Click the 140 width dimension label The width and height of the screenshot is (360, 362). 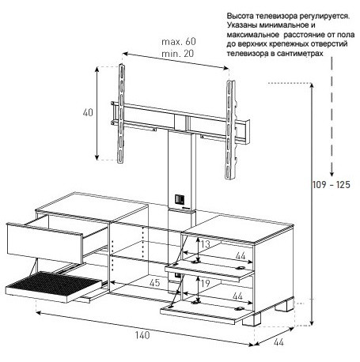pyautogui.click(x=142, y=335)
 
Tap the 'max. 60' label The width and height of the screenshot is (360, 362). pyautogui.click(x=179, y=42)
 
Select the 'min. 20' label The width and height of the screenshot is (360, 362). pyautogui.click(x=177, y=54)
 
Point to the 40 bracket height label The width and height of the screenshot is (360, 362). pyautogui.click(x=88, y=113)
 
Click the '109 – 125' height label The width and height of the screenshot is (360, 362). pyautogui.click(x=332, y=185)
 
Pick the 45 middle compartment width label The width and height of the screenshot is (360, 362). pyautogui.click(x=154, y=283)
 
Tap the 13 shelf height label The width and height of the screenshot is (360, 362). pyautogui.click(x=206, y=244)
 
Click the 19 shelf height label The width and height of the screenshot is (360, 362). pyautogui.click(x=205, y=284)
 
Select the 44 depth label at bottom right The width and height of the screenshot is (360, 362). pyautogui.click(x=279, y=342)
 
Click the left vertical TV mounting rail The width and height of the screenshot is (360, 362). pyautogui.click(x=121, y=114)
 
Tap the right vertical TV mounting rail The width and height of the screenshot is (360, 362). pyautogui.click(x=230, y=130)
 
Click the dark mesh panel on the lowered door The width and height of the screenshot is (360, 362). pyautogui.click(x=55, y=283)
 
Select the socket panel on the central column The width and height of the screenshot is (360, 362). pyautogui.click(x=180, y=199)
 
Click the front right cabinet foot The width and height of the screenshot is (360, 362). pyautogui.click(x=252, y=319)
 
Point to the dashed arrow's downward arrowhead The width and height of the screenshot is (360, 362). pyautogui.click(x=332, y=173)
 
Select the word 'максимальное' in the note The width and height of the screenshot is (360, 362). pyautogui.click(x=252, y=35)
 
